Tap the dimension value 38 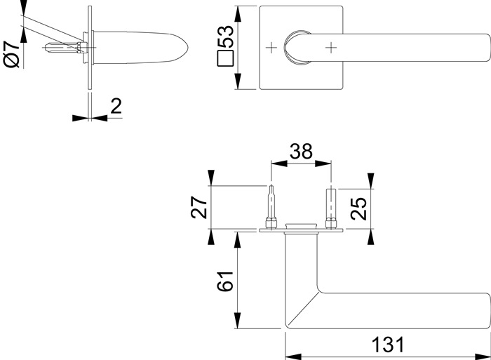(300, 152)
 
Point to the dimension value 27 (200, 207)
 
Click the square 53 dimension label (225, 48)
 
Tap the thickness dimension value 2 (116, 107)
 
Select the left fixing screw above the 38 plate (271, 207)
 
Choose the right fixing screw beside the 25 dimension (330, 208)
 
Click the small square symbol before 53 (225, 59)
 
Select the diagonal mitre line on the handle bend (302, 308)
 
